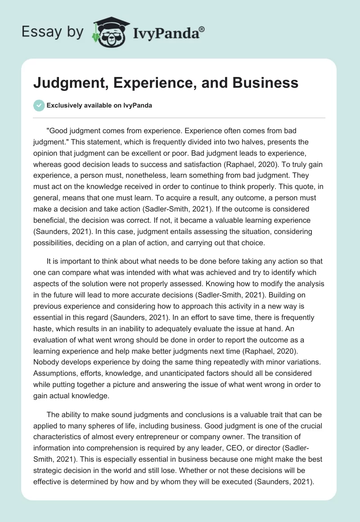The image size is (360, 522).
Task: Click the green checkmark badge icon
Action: [x=39, y=105]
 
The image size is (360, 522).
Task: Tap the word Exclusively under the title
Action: [x=65, y=105]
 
